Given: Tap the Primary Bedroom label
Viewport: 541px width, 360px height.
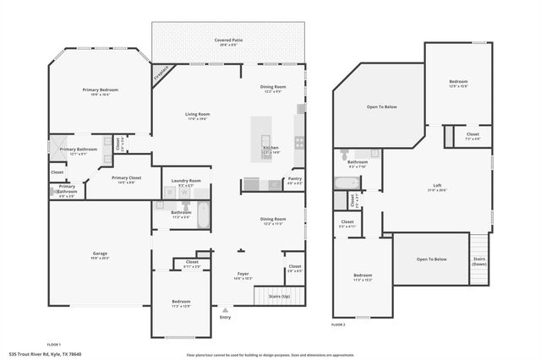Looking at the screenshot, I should click(100, 90).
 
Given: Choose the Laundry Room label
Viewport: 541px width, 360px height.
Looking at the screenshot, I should click(185, 180).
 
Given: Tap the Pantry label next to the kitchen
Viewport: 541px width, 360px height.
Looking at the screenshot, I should click(294, 178).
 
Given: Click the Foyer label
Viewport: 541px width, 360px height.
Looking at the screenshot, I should click(242, 275).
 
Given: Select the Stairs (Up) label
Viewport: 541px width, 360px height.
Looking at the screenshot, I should click(279, 297).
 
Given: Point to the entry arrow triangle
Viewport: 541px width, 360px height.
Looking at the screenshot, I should click(225, 311).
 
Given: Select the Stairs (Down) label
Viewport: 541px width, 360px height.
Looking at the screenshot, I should click(478, 262).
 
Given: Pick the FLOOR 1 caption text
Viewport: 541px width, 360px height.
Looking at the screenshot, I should click(54, 345).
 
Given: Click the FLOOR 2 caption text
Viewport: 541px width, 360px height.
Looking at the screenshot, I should click(338, 324).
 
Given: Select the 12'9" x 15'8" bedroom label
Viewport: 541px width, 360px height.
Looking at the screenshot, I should click(457, 83).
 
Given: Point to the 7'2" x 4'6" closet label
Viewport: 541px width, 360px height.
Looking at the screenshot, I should click(473, 135).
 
